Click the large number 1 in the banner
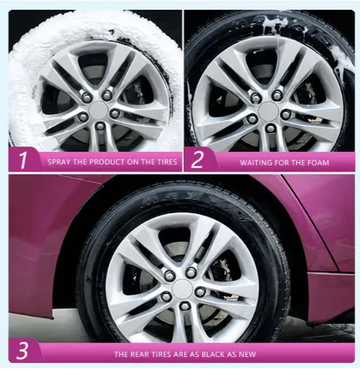23,160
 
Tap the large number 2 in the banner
197,160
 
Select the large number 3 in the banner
22,350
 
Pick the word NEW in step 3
247,354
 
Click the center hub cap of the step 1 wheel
98,110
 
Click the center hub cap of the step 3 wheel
182,289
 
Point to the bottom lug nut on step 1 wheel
100,126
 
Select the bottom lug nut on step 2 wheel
270,128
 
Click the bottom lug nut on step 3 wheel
184,306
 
